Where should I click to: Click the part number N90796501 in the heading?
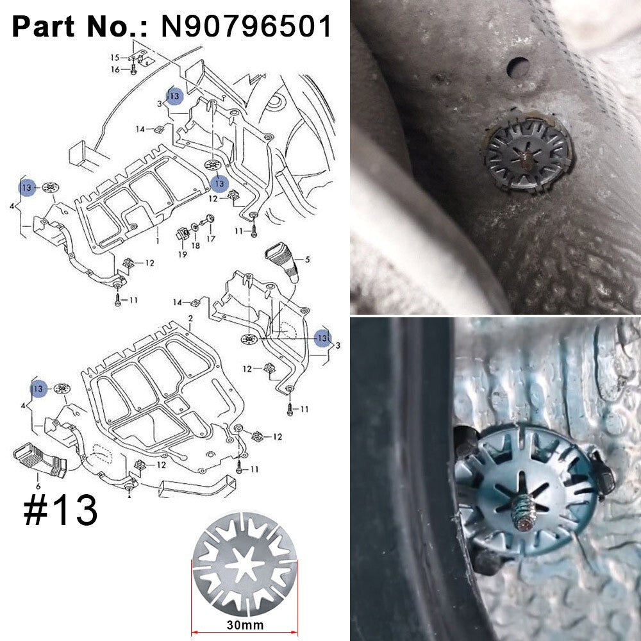tap(246, 26)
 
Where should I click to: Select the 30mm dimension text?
tap(246, 625)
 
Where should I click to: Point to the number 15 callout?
tap(115, 58)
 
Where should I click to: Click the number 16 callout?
tap(115, 69)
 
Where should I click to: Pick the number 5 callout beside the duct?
tap(308, 259)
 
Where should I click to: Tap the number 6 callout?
tap(38, 487)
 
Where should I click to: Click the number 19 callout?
tap(182, 254)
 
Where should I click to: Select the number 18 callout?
tap(196, 246)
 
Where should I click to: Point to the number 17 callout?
tap(210, 238)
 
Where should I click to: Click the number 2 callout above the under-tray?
tap(190, 319)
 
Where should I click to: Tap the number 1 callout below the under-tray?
tap(158, 241)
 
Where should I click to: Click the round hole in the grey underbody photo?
tap(519, 67)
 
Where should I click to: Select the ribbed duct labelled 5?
tap(282, 262)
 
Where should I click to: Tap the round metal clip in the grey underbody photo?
tap(528, 156)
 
